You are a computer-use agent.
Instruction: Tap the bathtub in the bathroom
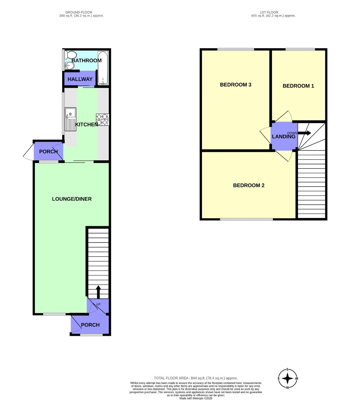click(x=103, y=68)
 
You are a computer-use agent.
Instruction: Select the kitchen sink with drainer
click(x=70, y=119)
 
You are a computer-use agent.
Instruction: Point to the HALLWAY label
click(x=80, y=79)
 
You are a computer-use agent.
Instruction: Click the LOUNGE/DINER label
click(x=72, y=199)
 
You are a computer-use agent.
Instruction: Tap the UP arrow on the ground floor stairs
click(x=98, y=292)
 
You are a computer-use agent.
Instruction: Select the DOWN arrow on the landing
click(x=304, y=133)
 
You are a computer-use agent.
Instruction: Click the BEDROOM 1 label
click(x=298, y=86)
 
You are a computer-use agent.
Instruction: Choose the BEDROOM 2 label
click(x=249, y=185)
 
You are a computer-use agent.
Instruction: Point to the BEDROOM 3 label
click(x=235, y=85)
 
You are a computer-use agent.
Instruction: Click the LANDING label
click(x=284, y=137)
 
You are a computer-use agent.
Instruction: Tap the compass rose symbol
click(x=288, y=379)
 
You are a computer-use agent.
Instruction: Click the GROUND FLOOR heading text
click(x=79, y=12)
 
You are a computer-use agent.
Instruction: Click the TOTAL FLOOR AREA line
click(x=196, y=378)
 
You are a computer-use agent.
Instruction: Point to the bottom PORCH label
click(x=90, y=325)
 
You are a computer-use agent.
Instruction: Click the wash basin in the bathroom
click(x=69, y=65)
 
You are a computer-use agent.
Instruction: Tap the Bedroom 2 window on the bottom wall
click(x=246, y=219)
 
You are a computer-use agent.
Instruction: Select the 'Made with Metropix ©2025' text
click(x=196, y=398)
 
